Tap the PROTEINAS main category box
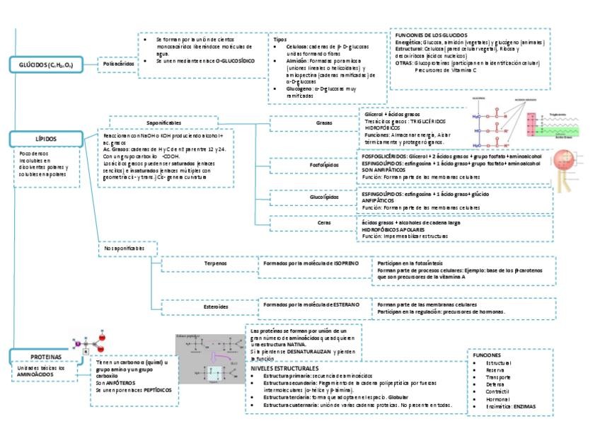45,357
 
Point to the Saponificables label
164,123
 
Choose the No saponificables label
124,249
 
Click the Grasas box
324,123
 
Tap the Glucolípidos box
324,197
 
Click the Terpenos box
215,263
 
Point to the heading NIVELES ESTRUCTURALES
285,369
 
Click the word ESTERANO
342,304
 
